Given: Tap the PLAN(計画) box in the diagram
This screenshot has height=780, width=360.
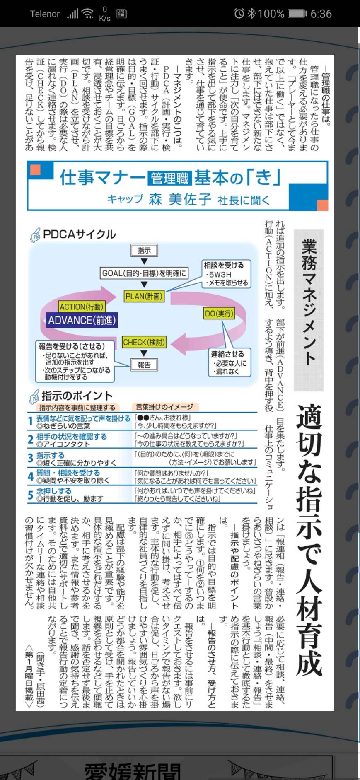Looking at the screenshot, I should point(144,296).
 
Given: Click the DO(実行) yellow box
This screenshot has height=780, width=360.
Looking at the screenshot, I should point(219,314).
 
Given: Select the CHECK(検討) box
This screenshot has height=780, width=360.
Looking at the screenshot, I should point(144,342).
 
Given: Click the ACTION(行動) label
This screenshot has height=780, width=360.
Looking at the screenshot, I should point(81,307).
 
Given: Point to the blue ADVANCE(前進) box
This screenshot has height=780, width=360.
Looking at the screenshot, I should point(82,320).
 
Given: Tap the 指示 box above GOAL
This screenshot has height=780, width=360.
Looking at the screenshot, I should point(144,250).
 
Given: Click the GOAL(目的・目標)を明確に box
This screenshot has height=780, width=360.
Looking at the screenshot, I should point(144,273).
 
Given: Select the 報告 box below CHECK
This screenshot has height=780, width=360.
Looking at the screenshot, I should point(144,365).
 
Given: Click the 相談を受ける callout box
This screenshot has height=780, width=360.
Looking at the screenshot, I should point(226,274).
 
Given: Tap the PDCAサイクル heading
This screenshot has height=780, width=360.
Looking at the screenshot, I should point(79,234).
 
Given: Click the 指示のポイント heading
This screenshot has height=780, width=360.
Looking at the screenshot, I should point(77,396).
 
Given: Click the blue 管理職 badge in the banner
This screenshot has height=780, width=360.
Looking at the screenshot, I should point(170,179).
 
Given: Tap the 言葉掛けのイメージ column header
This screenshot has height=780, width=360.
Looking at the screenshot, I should point(164,407).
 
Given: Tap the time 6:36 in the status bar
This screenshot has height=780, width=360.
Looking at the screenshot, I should point(321,14).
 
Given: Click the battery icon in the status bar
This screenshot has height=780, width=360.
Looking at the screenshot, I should point(297,14).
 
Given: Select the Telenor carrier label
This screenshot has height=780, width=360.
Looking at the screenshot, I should point(45,14).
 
